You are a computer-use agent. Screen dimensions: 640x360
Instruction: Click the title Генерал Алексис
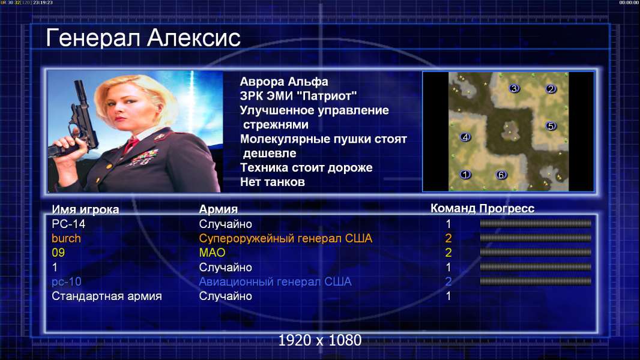pyautogui.click(x=143, y=38)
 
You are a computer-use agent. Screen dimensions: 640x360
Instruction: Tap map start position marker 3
pyautogui.click(x=514, y=88)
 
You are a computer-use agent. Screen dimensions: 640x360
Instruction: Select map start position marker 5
pyautogui.click(x=551, y=126)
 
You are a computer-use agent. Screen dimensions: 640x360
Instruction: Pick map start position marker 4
pyautogui.click(x=465, y=137)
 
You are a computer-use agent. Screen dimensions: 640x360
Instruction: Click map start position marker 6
pyautogui.click(x=501, y=175)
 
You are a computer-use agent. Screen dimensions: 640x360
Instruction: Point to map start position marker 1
pyautogui.click(x=465, y=175)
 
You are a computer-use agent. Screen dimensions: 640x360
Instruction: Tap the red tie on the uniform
pyautogui.click(x=131, y=144)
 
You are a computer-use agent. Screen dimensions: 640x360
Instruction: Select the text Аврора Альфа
pyautogui.click(x=283, y=82)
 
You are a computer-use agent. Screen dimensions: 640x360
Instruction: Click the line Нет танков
pyautogui.click(x=272, y=182)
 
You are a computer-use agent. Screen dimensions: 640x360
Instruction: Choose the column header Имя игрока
pyautogui.click(x=85, y=209)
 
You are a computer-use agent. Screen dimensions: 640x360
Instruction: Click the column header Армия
pyautogui.click(x=218, y=209)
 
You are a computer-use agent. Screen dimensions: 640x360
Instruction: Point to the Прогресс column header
pyautogui.click(x=507, y=208)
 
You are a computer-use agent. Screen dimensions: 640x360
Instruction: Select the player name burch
pyautogui.click(x=66, y=238)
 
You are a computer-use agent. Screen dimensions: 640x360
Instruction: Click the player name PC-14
pyautogui.click(x=68, y=224)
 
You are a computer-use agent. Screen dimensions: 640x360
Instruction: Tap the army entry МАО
pyautogui.click(x=212, y=253)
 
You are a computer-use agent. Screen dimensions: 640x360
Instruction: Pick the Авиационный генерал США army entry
pyautogui.click(x=275, y=282)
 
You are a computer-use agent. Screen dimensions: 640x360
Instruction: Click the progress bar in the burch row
pyautogui.click(x=536, y=238)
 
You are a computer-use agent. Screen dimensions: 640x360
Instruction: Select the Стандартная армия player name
pyautogui.click(x=106, y=296)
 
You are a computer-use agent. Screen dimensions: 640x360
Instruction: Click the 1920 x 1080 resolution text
pyautogui.click(x=320, y=340)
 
